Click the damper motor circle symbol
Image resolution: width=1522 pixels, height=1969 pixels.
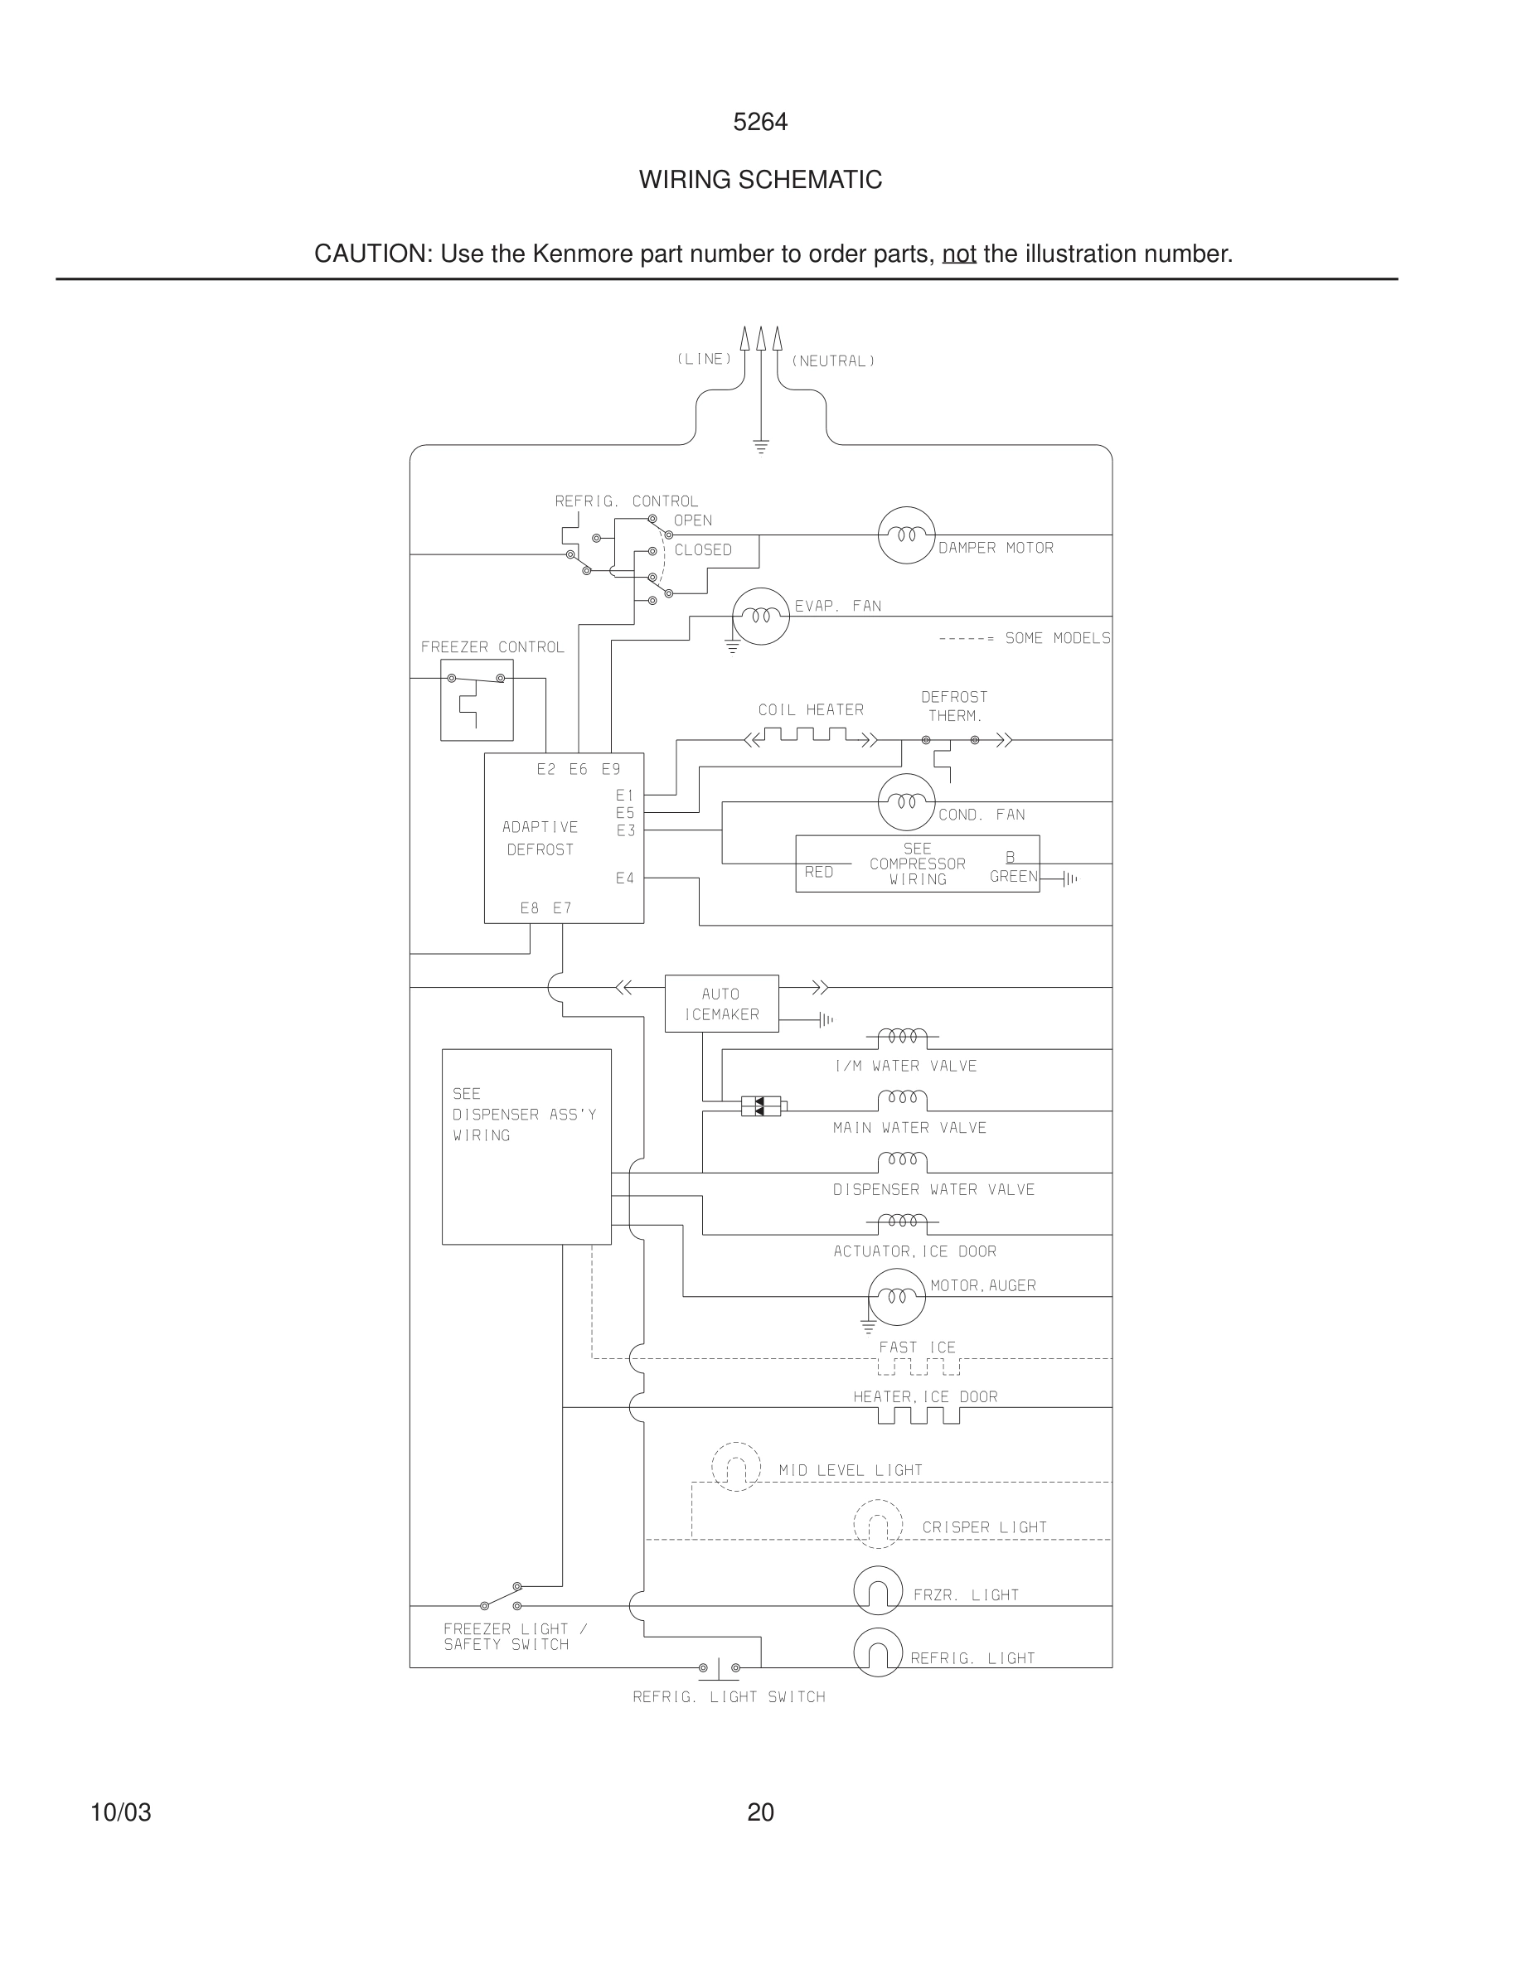coord(906,535)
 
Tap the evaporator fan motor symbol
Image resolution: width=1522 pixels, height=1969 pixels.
coord(760,617)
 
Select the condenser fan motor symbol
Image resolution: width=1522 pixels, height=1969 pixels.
coord(906,801)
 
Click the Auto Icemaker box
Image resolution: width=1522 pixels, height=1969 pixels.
coord(721,1004)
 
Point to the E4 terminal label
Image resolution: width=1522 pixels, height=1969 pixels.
coord(625,878)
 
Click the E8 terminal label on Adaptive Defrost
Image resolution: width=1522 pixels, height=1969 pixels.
coord(529,908)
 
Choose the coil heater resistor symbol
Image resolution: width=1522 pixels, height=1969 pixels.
coord(811,738)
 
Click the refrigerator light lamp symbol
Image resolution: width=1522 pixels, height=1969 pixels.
coord(877,1652)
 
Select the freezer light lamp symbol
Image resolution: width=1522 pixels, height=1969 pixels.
coord(877,1590)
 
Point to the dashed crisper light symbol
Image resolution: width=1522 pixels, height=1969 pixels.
coord(877,1524)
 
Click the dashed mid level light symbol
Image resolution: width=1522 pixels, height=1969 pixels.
coord(736,1467)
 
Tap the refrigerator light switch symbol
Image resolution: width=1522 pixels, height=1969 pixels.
coord(720,1668)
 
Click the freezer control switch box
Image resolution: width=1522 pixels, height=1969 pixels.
coord(476,699)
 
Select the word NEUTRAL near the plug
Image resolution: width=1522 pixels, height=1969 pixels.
coord(833,361)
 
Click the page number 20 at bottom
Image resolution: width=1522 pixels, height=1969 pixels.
coord(760,1812)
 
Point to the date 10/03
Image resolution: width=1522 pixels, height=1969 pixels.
coord(121,1812)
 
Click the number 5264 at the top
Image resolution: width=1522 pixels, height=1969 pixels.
coord(760,122)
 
